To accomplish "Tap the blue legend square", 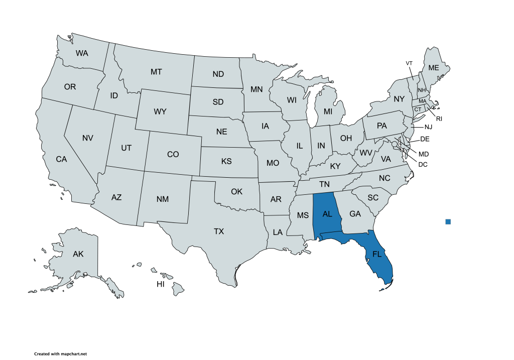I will (448, 221).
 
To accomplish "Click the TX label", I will (219, 231).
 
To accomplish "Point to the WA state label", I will (82, 53).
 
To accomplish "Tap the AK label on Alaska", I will (78, 254).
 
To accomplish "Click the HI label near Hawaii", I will (161, 284).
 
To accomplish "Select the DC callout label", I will (423, 164).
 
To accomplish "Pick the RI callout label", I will (439, 119).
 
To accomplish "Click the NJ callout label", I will (428, 127).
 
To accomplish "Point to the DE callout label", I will (424, 139).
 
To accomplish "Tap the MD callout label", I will (424, 154).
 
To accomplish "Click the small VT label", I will (409, 63).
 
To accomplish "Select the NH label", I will (422, 90).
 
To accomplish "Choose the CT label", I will (417, 109).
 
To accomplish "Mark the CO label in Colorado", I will (173, 155).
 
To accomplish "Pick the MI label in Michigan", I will (328, 111).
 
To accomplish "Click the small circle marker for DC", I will (395, 145).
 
